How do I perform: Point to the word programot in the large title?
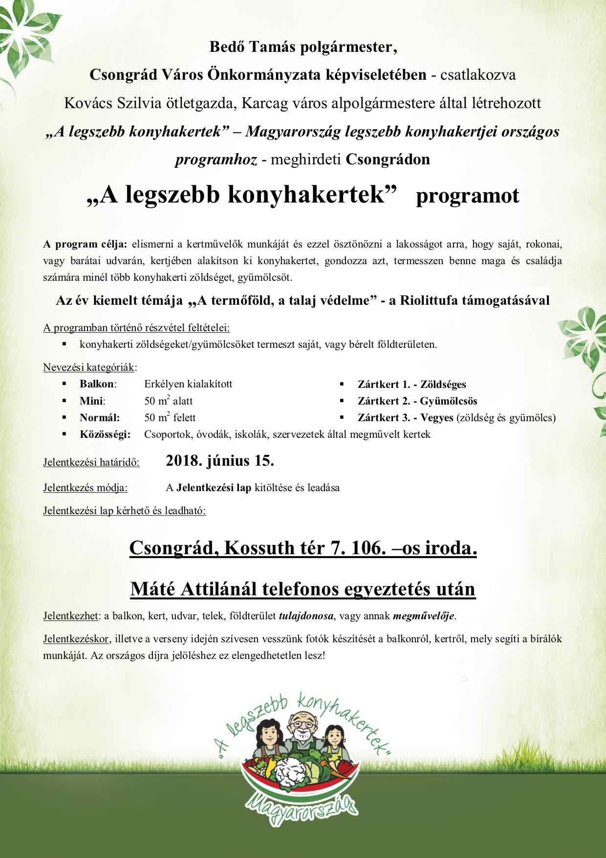(467, 196)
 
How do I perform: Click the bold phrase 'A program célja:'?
(85, 244)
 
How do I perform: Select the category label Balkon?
(97, 384)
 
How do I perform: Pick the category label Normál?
(99, 418)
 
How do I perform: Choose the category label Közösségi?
(105, 434)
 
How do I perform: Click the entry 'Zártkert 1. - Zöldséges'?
(411, 384)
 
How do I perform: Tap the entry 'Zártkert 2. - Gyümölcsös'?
(417, 401)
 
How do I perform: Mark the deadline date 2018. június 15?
(220, 461)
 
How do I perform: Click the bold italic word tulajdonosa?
(306, 616)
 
